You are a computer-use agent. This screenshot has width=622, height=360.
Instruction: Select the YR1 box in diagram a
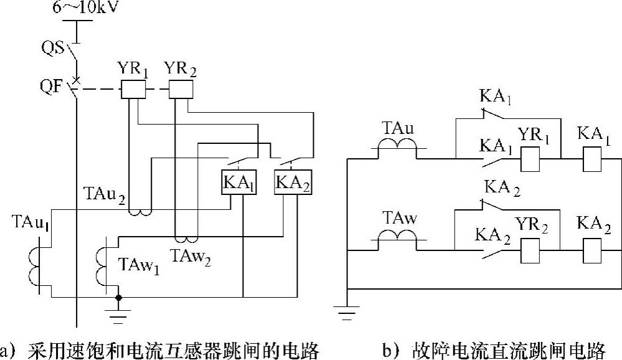(132, 90)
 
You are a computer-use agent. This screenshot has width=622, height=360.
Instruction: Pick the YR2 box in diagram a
(181, 90)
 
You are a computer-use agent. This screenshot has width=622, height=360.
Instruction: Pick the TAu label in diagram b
(397, 129)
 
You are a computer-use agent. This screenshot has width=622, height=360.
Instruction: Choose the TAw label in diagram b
(397, 219)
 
